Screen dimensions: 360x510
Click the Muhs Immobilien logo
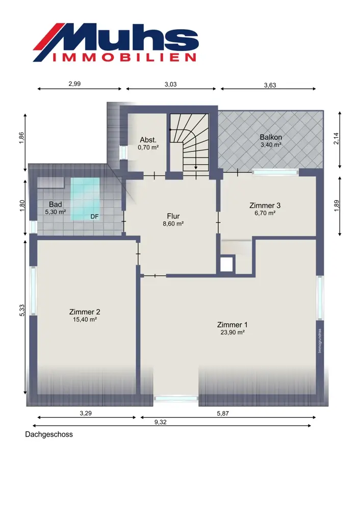[116, 42]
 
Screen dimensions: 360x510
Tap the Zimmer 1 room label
[232, 324]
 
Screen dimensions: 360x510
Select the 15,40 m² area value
[85, 319]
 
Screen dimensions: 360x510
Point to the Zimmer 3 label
[265, 205]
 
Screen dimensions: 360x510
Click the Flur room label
[173, 216]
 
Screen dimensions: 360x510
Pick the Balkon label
[271, 137]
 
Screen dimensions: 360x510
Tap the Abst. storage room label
[148, 140]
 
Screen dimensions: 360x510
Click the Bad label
[55, 205]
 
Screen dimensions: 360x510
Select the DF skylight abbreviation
[94, 217]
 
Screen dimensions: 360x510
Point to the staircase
[189, 142]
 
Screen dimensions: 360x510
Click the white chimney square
[227, 264]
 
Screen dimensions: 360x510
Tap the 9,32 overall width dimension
[160, 422]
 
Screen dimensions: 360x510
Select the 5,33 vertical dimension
[22, 310]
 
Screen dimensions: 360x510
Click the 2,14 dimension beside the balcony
[336, 139]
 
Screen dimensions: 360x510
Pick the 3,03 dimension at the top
[170, 84]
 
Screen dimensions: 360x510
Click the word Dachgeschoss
[49, 434]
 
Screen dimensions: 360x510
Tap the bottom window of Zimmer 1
[175, 398]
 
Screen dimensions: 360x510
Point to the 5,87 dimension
[223, 414]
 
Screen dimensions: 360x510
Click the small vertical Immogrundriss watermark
[320, 341]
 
